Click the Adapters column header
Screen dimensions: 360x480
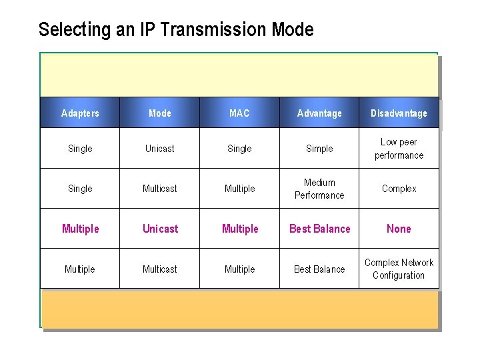80,113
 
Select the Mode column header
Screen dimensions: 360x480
160,113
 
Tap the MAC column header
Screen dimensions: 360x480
239,113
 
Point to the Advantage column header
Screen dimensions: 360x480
319,113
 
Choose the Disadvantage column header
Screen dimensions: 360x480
399,113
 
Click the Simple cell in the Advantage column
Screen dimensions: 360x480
319,149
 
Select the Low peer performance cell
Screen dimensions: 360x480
399,149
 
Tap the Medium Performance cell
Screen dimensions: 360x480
319,189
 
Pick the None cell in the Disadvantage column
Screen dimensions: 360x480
399,229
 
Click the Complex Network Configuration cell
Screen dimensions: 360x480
399,269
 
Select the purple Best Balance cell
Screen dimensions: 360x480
319,229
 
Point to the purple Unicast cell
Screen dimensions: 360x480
160,229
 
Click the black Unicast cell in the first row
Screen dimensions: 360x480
160,149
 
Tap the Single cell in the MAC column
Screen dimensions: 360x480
239,149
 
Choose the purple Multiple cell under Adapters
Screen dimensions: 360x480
80,229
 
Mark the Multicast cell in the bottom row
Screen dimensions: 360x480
160,269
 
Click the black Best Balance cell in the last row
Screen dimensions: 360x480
319,269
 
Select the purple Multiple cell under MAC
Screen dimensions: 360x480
239,229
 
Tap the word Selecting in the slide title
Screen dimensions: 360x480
75,30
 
